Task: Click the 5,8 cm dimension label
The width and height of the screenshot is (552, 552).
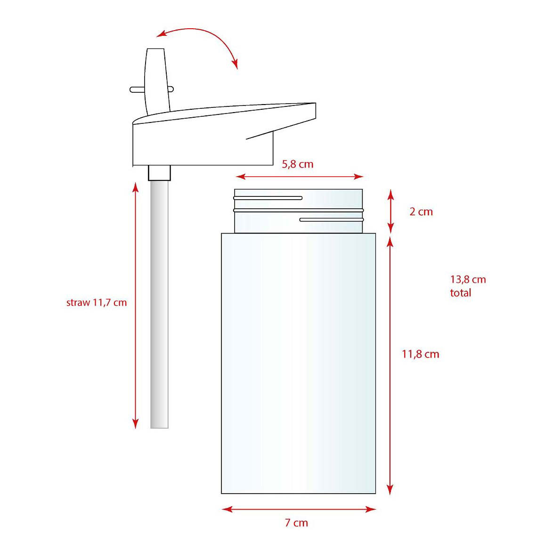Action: click(297, 164)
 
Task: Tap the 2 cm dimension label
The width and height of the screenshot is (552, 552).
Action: click(421, 212)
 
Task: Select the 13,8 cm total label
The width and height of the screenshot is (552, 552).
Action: click(467, 286)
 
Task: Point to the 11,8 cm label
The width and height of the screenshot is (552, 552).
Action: click(420, 354)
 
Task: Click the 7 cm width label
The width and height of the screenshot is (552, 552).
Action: click(296, 523)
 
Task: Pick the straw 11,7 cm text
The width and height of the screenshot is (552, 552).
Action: click(97, 302)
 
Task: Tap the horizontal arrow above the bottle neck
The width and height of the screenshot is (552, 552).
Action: click(300, 177)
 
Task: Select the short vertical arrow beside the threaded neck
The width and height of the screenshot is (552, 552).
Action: click(390, 211)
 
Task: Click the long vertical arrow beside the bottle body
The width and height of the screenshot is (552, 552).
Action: click(390, 365)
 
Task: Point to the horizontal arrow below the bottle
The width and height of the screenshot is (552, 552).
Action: click(299, 509)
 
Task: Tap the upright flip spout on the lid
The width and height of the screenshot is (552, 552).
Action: click(156, 75)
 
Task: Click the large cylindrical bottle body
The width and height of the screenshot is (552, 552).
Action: click(299, 363)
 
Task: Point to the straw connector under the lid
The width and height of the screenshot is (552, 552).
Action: click(159, 172)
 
